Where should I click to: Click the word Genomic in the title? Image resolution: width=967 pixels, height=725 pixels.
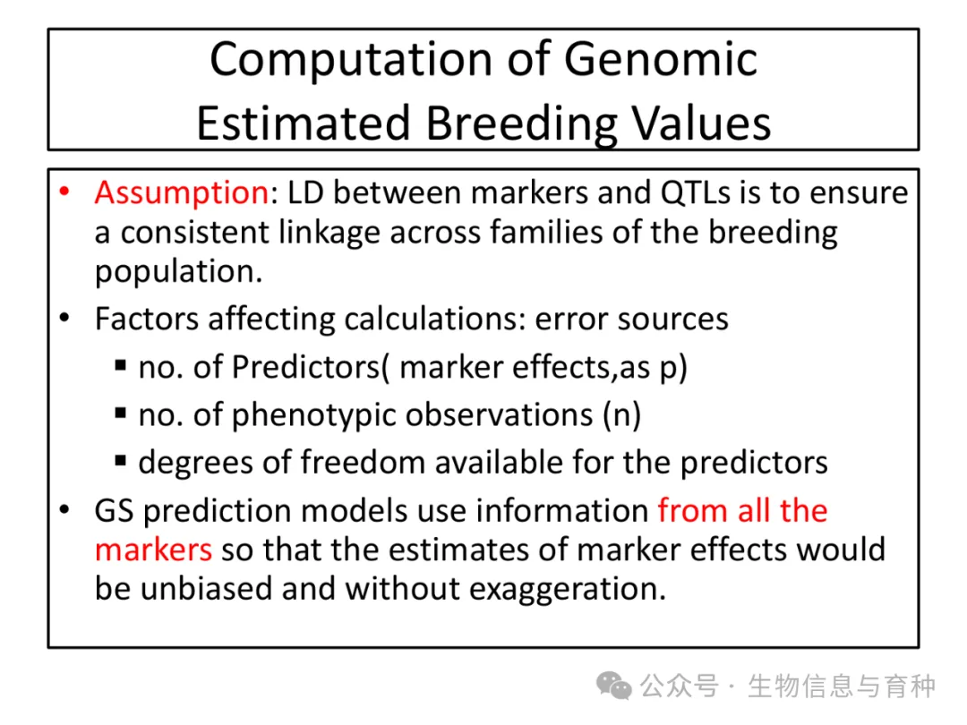(x=661, y=61)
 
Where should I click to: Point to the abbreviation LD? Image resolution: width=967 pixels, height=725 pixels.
(x=305, y=192)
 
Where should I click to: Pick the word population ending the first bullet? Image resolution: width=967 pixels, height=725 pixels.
(x=179, y=272)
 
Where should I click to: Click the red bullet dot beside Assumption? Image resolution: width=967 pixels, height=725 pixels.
(x=64, y=192)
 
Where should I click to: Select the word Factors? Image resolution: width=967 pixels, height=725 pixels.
(x=147, y=320)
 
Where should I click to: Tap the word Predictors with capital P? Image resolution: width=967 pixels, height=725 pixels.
(x=305, y=368)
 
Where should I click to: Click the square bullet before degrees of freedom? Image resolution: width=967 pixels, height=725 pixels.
(x=121, y=461)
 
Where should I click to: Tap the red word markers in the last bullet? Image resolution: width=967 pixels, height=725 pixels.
(x=154, y=550)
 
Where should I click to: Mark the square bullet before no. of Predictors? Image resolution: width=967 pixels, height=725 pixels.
(x=121, y=366)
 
